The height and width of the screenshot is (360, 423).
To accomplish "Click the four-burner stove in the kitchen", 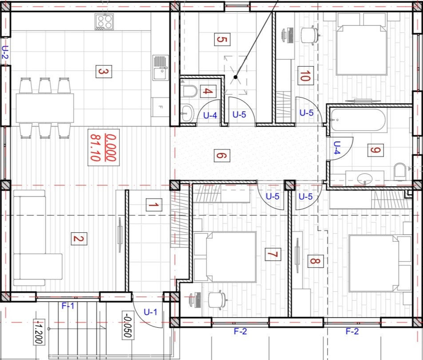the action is (x=104, y=22).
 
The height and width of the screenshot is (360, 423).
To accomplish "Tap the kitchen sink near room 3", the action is (x=161, y=68).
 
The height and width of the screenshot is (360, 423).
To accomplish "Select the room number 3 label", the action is (x=104, y=71).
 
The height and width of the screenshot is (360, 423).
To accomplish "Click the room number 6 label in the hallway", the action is (x=222, y=156).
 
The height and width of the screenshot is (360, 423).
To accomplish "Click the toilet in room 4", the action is (x=189, y=91).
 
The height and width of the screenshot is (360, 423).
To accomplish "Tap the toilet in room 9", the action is (x=400, y=172).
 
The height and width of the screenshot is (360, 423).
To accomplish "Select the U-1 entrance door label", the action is (x=150, y=312).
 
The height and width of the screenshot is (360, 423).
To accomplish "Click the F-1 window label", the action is (x=68, y=306).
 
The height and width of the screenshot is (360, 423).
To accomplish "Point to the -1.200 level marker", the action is (x=39, y=332).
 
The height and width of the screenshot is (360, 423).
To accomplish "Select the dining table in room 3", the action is (x=45, y=108).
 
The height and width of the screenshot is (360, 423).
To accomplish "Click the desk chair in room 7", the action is (x=217, y=300).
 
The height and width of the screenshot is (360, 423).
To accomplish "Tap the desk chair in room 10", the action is (x=310, y=35).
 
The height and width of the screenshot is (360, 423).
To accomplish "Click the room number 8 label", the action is (x=315, y=261).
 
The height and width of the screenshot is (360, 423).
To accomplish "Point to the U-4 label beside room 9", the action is (x=337, y=147).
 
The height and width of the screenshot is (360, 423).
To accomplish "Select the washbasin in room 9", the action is (x=365, y=178).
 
